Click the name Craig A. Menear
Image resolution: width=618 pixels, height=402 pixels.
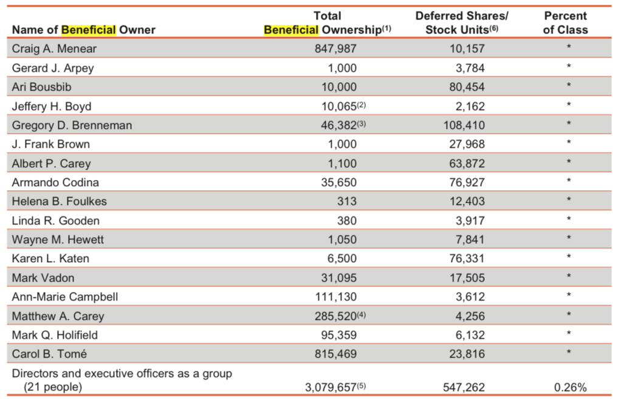tap(54, 49)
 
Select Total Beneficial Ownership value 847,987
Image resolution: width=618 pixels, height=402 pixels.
tap(335, 49)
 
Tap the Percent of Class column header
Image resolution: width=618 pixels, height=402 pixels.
tap(565, 23)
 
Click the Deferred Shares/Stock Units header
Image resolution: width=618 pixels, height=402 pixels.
tap(462, 23)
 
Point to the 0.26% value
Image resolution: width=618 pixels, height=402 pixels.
tap(571, 387)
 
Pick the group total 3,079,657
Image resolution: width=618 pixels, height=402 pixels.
tap(331, 387)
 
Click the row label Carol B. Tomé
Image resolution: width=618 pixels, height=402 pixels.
tap(49, 354)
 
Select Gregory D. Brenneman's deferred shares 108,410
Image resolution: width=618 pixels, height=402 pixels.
tap(464, 125)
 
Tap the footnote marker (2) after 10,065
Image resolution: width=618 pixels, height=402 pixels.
tap(362, 105)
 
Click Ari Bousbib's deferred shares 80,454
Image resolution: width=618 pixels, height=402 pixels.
tap(467, 87)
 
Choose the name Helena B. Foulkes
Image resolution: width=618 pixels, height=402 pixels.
tap(59, 201)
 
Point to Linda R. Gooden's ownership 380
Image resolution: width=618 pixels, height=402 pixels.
tap(347, 221)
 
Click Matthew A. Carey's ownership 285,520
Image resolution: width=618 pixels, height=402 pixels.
tap(335, 316)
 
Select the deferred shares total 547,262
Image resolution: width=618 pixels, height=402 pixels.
tap(464, 387)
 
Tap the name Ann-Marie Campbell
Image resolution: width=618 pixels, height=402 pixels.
tap(64, 297)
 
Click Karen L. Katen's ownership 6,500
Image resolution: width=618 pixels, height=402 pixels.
tap(342, 258)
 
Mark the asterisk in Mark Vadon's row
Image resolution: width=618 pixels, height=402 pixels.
tap(569, 276)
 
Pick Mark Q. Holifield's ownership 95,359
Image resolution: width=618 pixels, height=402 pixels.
tap(338, 335)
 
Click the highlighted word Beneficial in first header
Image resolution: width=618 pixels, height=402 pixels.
tap(89, 30)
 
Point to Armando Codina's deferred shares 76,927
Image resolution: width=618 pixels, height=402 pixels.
tap(467, 182)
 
